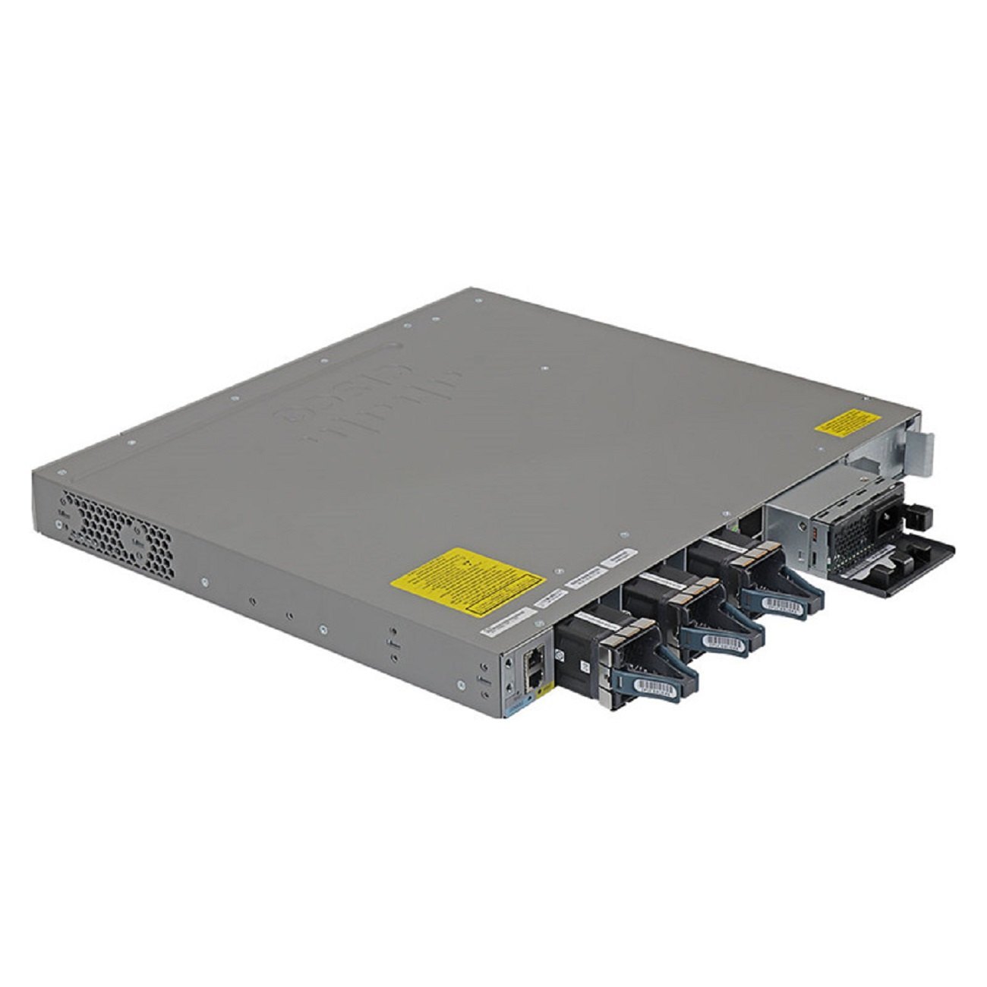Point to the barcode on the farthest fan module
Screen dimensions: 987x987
782,603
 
